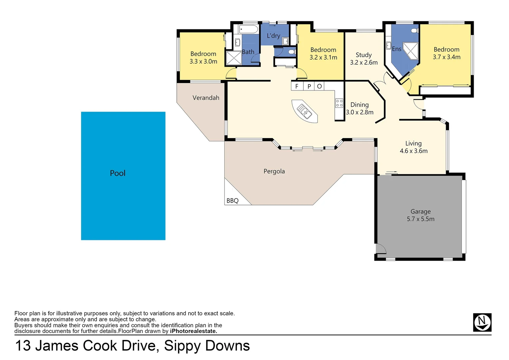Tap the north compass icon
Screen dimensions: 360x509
482,322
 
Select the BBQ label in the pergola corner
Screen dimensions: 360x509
232,201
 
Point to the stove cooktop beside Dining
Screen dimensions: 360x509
339,103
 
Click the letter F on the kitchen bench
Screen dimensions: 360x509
297,86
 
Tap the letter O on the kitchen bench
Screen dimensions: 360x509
319,86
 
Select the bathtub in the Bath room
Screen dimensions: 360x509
248,29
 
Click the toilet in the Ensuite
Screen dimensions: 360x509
414,31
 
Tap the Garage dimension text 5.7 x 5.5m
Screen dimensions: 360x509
420,219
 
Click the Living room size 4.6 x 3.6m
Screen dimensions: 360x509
413,151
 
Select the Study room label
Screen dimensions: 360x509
363,55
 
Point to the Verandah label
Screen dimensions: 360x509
206,98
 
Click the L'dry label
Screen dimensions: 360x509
273,36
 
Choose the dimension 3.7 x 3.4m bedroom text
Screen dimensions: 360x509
446,57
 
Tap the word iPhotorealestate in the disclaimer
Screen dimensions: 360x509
193,331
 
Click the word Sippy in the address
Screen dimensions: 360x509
182,346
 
